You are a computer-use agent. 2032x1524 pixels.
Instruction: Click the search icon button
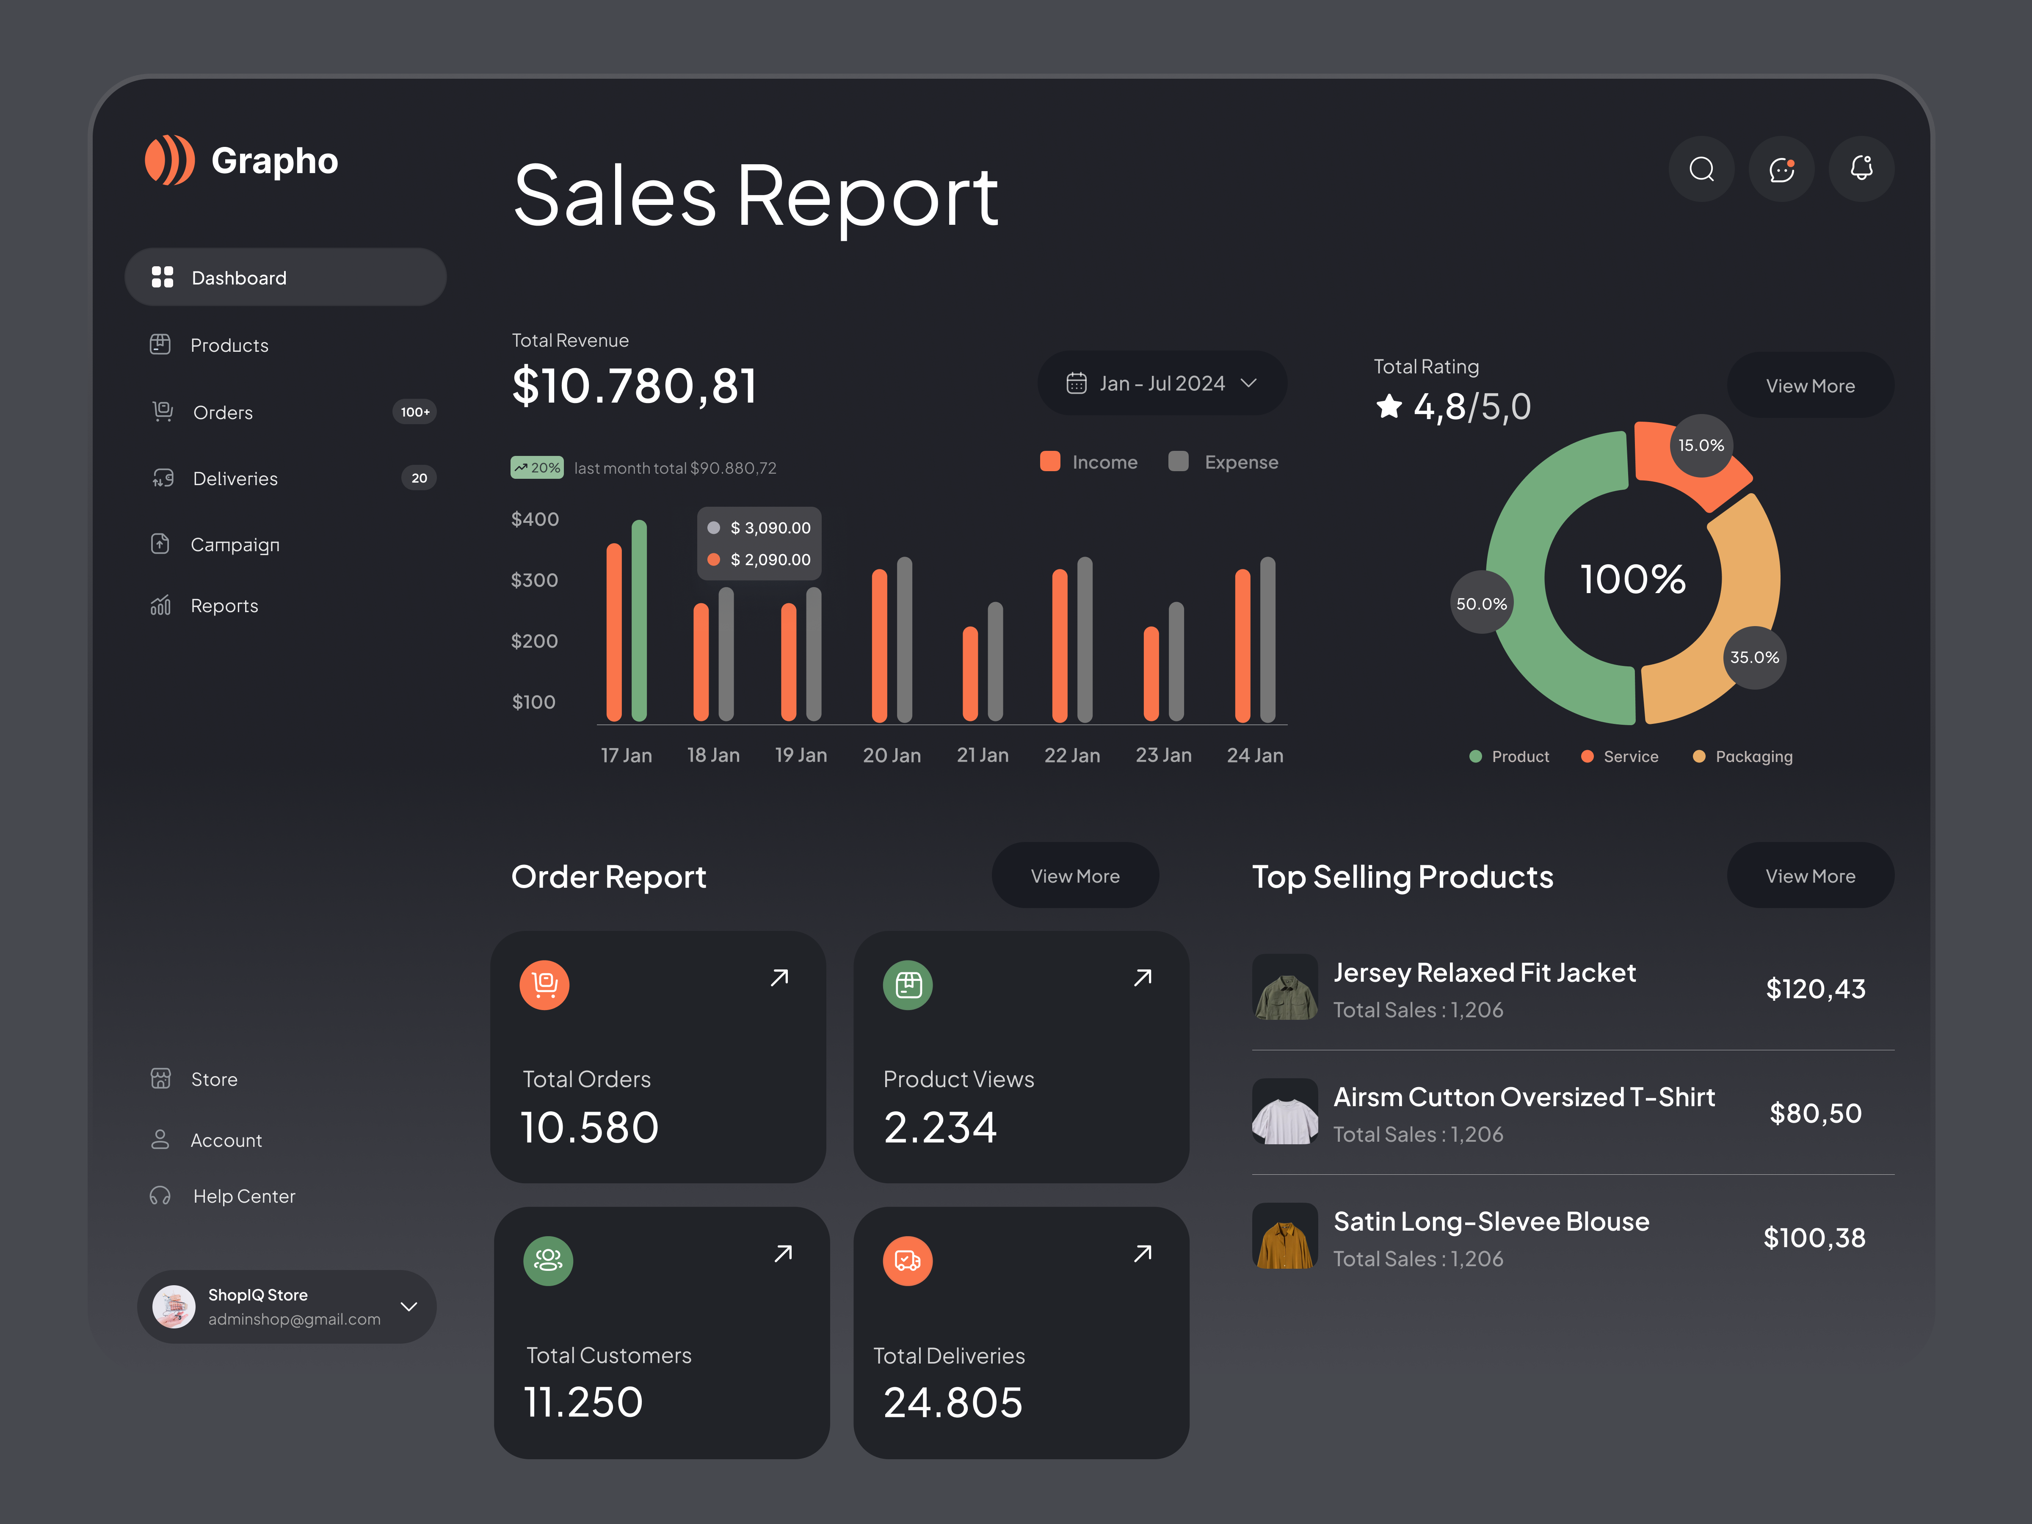[1701, 169]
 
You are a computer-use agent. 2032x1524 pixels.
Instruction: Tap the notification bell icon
[1861, 169]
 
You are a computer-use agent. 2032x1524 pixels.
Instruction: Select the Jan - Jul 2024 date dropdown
[1161, 383]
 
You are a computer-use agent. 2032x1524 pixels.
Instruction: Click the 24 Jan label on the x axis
[1255, 755]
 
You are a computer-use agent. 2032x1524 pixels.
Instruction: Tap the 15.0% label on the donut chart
[1701, 445]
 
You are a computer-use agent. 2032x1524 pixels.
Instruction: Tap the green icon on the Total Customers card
[548, 1260]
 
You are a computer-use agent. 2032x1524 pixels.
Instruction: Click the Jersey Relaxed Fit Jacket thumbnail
[1284, 988]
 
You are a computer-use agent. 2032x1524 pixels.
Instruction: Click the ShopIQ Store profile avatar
[174, 1306]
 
